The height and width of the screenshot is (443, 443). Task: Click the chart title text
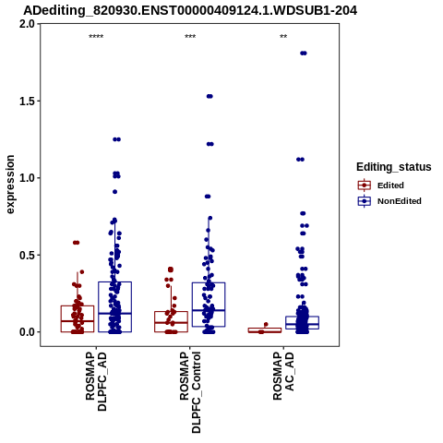190,10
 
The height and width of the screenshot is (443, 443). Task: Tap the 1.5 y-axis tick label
27,101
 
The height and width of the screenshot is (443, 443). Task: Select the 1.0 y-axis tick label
27,178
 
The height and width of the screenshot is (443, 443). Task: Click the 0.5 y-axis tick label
27,255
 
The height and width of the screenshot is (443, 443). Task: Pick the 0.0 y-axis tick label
27,332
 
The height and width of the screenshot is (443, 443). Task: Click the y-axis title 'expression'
10,185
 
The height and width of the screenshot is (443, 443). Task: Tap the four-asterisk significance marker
96,37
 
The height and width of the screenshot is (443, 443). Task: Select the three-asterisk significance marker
190,37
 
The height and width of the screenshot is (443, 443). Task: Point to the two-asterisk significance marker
283,37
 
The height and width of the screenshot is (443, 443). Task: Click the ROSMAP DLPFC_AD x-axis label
96,381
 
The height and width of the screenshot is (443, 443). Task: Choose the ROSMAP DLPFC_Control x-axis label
190,392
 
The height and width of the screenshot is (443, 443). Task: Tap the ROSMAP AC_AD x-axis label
283,376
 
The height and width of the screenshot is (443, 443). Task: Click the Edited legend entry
390,186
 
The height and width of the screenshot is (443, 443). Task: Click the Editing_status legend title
394,167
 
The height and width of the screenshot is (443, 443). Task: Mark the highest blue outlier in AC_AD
304,54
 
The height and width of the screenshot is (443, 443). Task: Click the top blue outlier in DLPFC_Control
210,96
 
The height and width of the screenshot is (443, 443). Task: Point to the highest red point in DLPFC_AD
76,243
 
